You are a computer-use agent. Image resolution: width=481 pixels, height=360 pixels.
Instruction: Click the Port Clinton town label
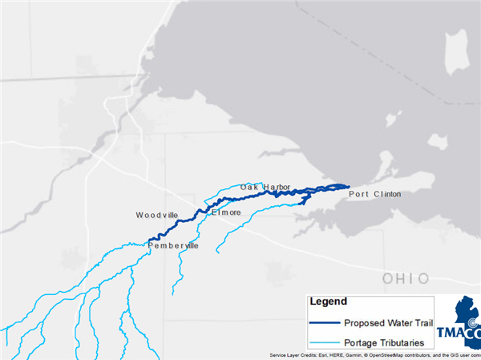374,194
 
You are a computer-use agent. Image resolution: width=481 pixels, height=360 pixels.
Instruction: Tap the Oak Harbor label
265,187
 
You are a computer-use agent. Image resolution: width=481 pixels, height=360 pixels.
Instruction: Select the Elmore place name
225,212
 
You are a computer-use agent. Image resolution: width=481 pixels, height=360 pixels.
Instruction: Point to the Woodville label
161,216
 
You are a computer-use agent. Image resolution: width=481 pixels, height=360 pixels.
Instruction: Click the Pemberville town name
172,245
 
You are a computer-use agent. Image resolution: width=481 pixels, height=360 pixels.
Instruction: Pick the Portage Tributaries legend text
389,342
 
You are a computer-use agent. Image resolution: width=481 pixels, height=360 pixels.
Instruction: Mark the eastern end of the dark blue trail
349,186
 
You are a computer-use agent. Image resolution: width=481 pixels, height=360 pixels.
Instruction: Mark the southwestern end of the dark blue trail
149,241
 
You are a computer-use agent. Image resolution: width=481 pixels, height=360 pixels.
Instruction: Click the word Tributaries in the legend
407,342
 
